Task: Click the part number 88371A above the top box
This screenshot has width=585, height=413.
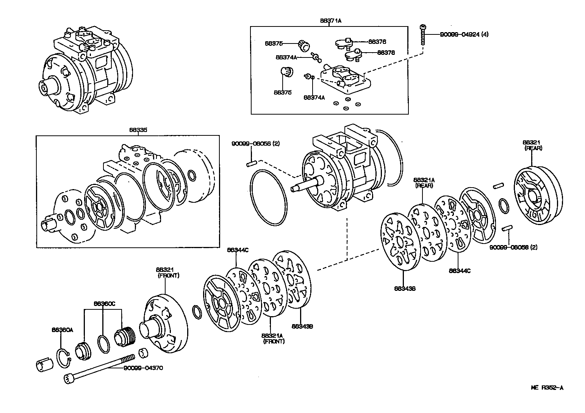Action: (330, 21)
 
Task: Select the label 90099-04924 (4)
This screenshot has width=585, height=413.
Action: (464, 34)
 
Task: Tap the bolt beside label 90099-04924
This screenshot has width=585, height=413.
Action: (423, 35)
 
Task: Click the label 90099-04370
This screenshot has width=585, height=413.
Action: (143, 368)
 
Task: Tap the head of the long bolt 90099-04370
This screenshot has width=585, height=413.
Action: (68, 378)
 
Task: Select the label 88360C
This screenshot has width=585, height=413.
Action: (104, 304)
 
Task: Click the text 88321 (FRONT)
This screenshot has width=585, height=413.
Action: (168, 273)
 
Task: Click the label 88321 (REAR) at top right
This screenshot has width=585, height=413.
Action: (533, 145)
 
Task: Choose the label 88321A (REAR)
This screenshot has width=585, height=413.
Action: (424, 182)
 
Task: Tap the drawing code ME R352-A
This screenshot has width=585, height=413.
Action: (547, 388)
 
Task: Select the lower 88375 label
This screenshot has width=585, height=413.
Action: (283, 92)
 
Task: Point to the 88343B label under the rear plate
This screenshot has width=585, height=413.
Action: (404, 289)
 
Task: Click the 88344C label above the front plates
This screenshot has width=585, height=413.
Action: (238, 250)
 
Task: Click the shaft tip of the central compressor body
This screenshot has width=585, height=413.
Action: (294, 188)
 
